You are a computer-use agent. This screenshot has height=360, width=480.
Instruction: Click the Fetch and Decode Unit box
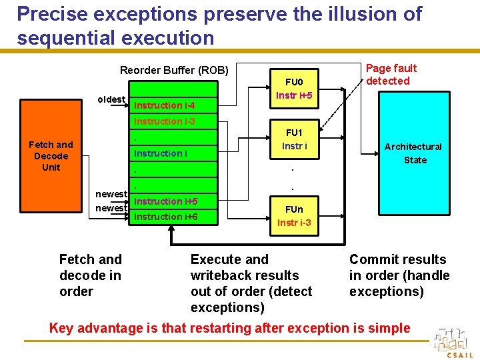pos(51,156)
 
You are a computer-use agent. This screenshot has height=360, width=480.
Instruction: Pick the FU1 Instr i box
pos(294,139)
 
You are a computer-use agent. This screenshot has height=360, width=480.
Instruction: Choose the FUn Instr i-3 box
pos(294,216)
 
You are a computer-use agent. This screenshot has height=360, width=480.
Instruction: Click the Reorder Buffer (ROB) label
pos(174,71)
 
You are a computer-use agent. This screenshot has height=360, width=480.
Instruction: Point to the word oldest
pos(111,99)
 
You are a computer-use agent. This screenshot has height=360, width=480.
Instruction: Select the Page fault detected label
pos(391,74)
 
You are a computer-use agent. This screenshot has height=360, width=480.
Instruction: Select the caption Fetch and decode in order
pos(91,275)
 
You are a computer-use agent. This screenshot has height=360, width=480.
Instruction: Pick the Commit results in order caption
pos(399,275)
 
